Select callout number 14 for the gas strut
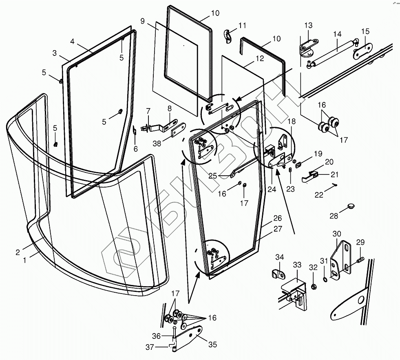pyautogui.click(x=337, y=34)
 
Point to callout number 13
pyautogui.click(x=308, y=26)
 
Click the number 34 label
pyautogui.click(x=279, y=257)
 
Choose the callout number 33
pyautogui.click(x=297, y=265)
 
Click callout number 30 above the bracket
pyautogui.click(x=337, y=234)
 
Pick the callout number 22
pyautogui.click(x=319, y=195)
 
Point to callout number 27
pyautogui.click(x=278, y=229)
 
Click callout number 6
pyautogui.click(x=136, y=149)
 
